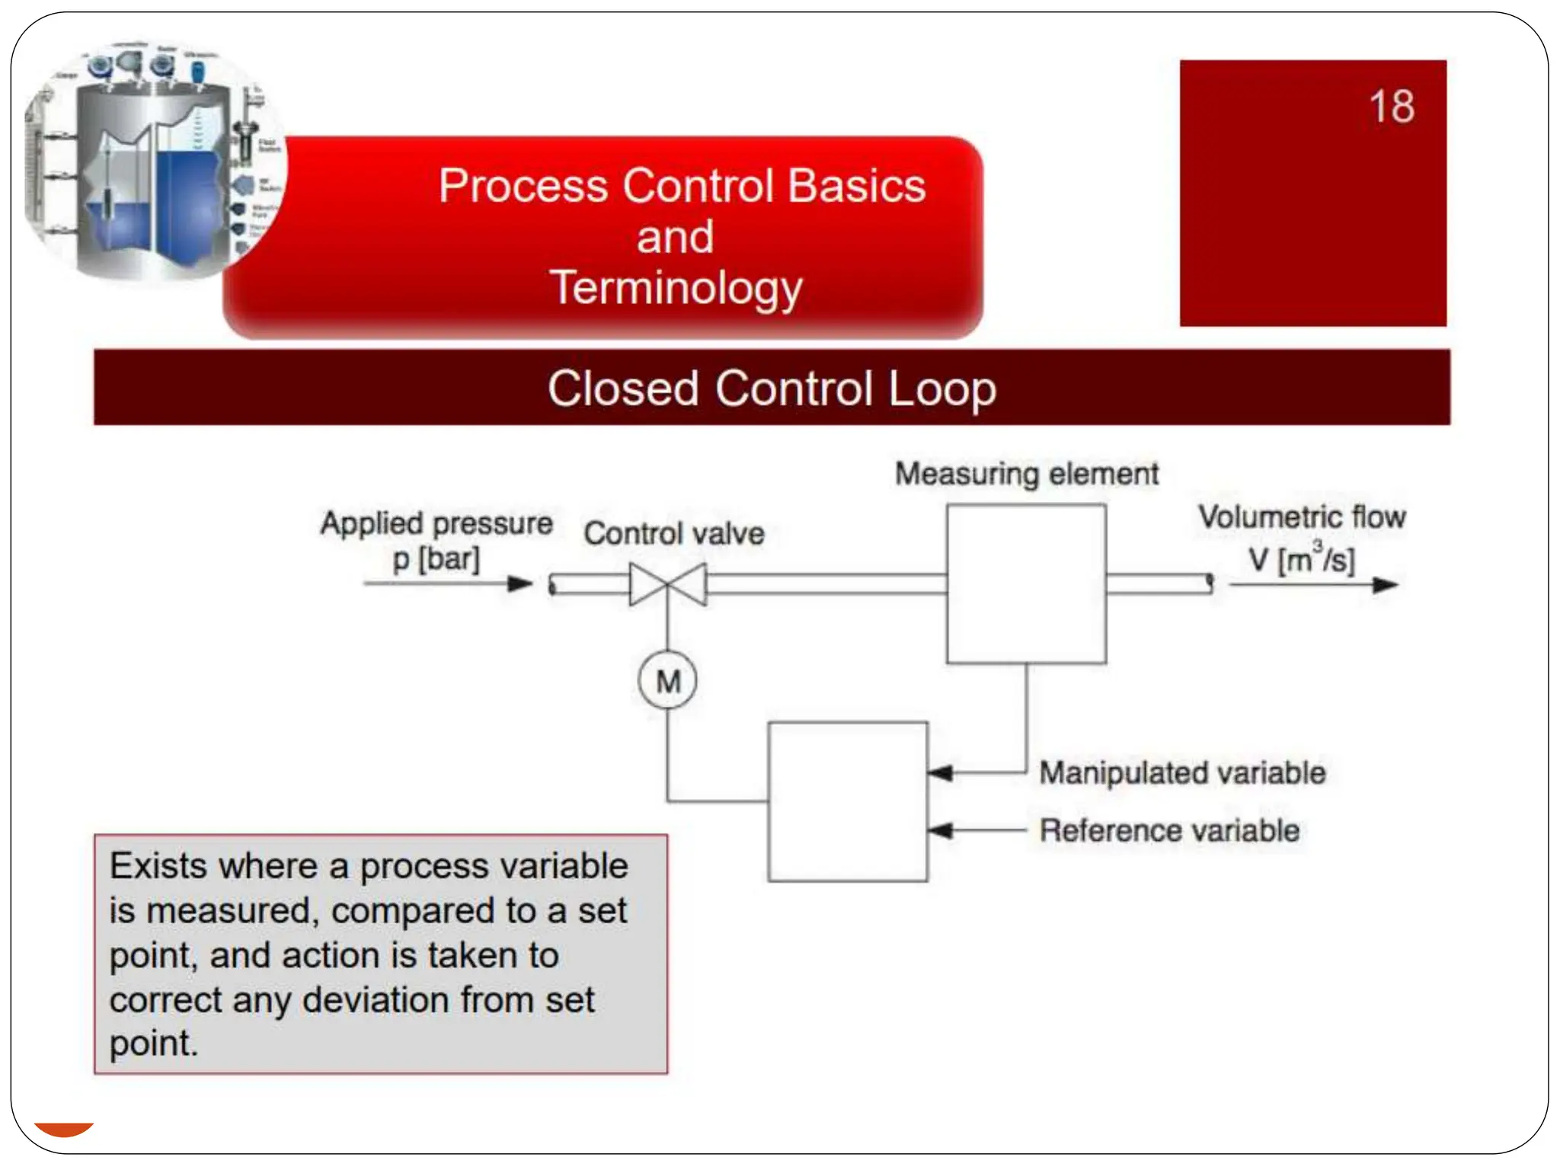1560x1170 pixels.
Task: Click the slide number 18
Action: (1391, 107)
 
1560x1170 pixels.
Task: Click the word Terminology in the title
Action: (676, 288)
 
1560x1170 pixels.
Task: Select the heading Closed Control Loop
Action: (771, 388)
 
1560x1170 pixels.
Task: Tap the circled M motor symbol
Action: (667, 680)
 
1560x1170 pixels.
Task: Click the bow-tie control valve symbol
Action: (667, 584)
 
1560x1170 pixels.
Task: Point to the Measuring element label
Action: (1026, 474)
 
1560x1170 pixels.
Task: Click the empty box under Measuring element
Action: (1026, 583)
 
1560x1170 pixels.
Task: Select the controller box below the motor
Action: (848, 801)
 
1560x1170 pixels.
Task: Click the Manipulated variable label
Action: (1182, 772)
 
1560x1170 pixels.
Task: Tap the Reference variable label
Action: (1169, 830)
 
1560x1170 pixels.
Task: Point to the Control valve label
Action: (673, 533)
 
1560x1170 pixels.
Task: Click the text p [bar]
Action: (436, 559)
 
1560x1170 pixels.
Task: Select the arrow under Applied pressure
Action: (448, 584)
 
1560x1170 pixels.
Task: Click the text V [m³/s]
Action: (1301, 559)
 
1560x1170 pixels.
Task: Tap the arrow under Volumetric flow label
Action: (1314, 585)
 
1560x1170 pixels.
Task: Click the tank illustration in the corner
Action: (152, 164)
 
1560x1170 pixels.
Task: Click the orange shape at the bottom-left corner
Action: (64, 1128)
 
